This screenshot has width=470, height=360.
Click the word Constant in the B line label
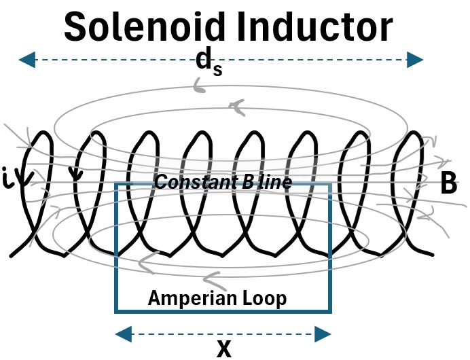point(181,182)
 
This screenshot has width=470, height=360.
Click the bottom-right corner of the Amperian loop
point(331,312)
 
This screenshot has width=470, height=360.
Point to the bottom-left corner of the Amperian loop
point(116,312)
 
